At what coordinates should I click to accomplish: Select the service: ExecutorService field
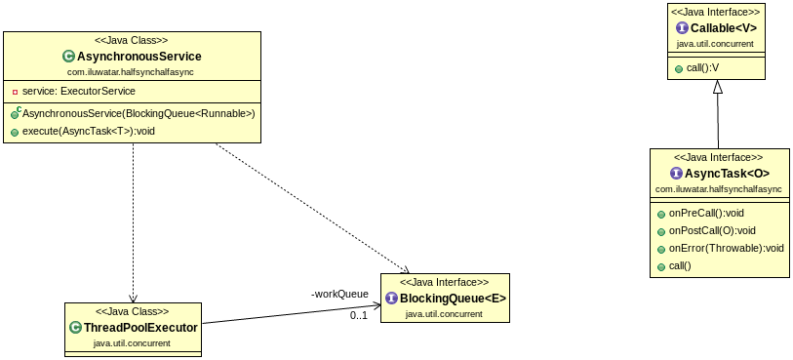tap(79, 91)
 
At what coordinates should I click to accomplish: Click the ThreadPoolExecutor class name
tap(139, 328)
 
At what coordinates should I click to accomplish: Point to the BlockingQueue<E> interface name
tap(453, 298)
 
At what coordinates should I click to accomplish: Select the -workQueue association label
tap(339, 293)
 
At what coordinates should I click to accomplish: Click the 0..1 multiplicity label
tap(359, 315)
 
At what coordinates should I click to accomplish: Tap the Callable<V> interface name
tap(723, 28)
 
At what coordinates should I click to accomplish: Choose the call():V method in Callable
tap(701, 68)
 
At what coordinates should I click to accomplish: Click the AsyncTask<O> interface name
tap(726, 173)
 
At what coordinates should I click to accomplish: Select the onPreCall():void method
tap(706, 213)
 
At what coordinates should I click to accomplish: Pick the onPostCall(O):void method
tap(712, 230)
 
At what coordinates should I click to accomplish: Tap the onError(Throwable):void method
tap(727, 248)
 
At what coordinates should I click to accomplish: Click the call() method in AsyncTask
tap(680, 265)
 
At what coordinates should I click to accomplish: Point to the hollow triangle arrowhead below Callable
tap(718, 86)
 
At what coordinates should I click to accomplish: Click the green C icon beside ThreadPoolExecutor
tap(75, 328)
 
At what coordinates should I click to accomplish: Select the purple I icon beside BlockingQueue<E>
tap(391, 298)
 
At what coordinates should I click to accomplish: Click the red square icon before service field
tap(16, 92)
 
